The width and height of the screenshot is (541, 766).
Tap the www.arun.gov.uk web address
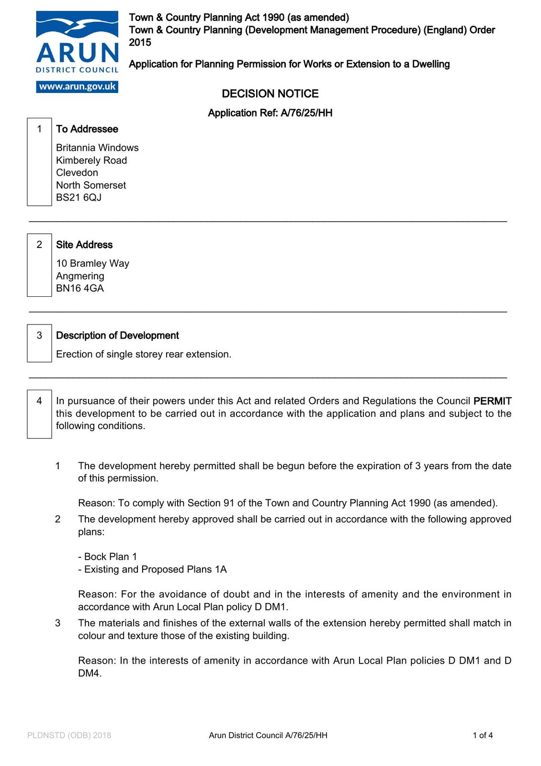coord(77,87)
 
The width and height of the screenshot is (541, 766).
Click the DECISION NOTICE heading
coord(270,93)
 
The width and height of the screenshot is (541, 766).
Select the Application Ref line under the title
coord(270,113)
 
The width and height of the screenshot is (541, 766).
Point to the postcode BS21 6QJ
coord(79,197)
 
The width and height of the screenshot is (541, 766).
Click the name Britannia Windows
coord(97,147)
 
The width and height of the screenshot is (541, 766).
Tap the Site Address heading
coord(84,245)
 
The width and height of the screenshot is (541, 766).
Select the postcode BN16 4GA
coord(80,288)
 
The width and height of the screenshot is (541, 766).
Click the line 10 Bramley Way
coord(92,263)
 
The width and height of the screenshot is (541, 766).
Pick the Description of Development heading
coord(117,336)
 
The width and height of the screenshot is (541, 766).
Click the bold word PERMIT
coord(492,401)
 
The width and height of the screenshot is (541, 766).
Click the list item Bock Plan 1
coord(108,557)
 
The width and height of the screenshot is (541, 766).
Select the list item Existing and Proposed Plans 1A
coord(153,569)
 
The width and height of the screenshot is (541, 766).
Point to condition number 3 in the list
coord(58,623)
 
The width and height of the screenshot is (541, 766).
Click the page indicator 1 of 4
coord(483,735)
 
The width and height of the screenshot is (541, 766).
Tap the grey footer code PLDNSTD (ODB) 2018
coord(69,735)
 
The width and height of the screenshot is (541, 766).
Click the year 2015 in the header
coord(140,42)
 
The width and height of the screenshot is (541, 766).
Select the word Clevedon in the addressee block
coord(77,172)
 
